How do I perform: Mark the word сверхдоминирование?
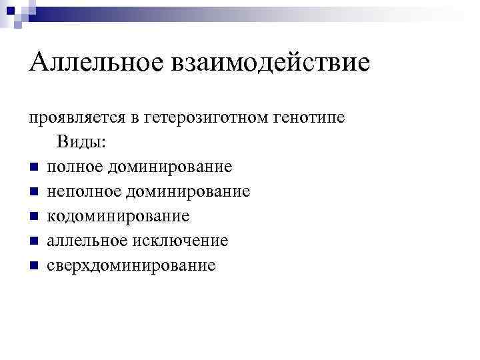[x=131, y=265]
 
